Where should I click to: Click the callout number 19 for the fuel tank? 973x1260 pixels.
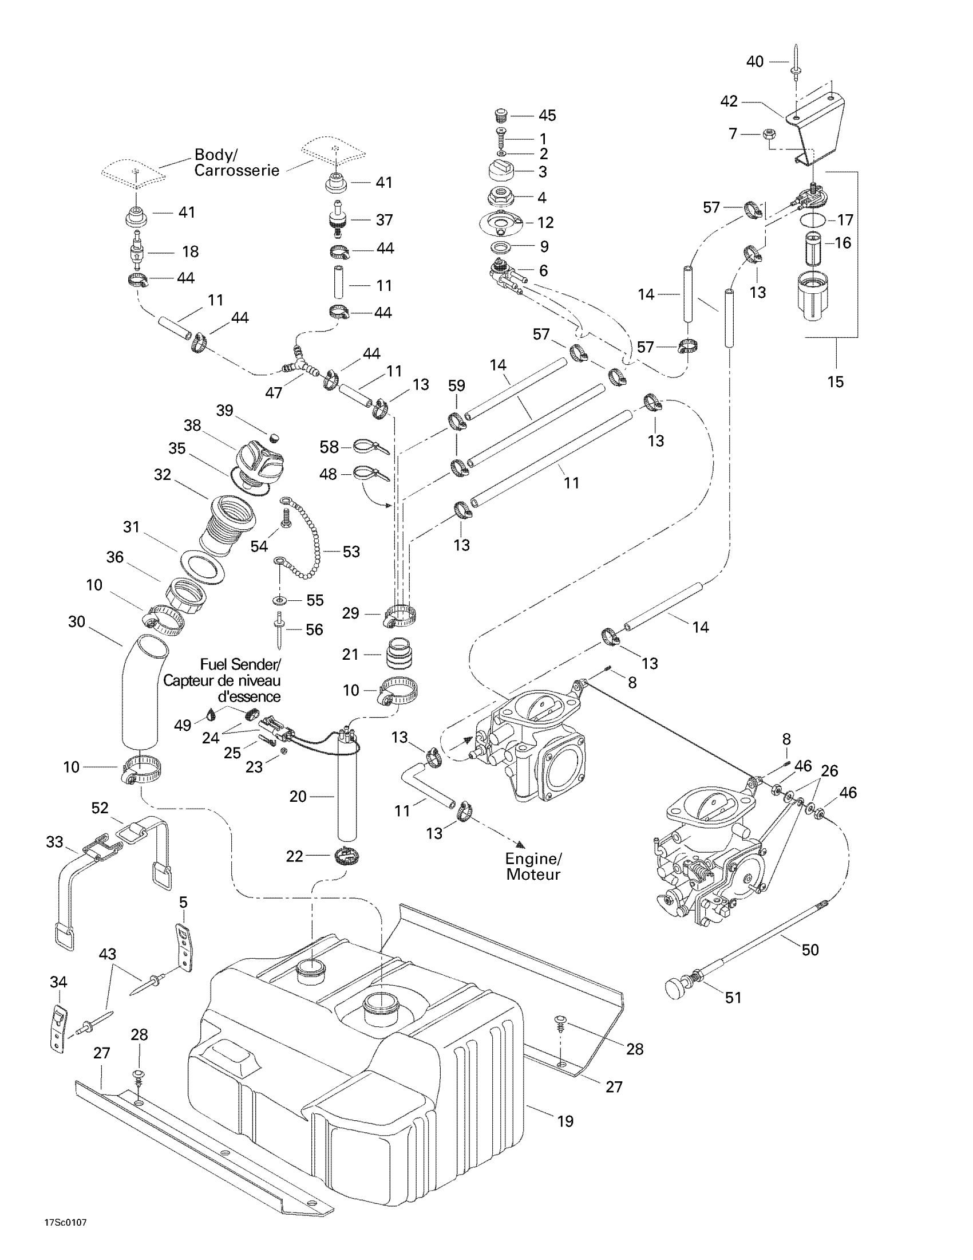pos(565,1121)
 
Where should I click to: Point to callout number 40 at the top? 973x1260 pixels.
pos(754,61)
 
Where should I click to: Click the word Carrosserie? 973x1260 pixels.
pos(236,170)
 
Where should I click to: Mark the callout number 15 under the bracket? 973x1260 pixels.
pos(835,381)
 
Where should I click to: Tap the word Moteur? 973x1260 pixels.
pos(533,875)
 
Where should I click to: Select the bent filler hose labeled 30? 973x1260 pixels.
pos(141,690)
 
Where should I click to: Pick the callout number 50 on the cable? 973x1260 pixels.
pos(810,950)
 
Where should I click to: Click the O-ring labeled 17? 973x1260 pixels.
pos(813,219)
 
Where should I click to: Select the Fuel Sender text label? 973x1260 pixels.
pos(240,664)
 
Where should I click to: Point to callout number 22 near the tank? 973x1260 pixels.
pos(294,856)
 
